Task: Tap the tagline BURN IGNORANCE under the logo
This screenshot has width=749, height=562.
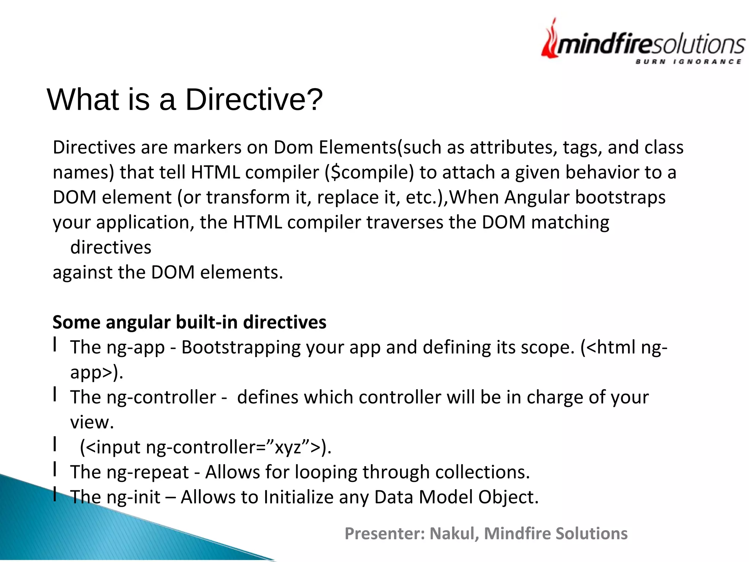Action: click(x=688, y=61)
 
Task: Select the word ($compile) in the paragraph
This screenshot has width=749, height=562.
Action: click(x=369, y=172)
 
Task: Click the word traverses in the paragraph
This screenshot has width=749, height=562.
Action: click(x=404, y=222)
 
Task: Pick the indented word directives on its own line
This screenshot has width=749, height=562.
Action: click(x=110, y=247)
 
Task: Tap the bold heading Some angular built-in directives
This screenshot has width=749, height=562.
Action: click(x=189, y=322)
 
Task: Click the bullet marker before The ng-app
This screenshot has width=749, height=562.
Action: click(x=55, y=344)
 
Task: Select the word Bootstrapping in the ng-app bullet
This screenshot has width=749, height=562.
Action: click(x=241, y=347)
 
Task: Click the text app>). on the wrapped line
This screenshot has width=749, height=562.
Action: click(x=97, y=372)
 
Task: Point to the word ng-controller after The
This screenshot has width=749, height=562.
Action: click(x=161, y=397)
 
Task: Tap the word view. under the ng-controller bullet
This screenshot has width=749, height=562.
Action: click(x=92, y=422)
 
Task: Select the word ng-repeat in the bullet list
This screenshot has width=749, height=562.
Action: click(x=148, y=472)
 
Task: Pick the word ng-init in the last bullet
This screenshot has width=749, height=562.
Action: click(x=133, y=497)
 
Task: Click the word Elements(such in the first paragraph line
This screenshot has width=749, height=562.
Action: click(x=380, y=147)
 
